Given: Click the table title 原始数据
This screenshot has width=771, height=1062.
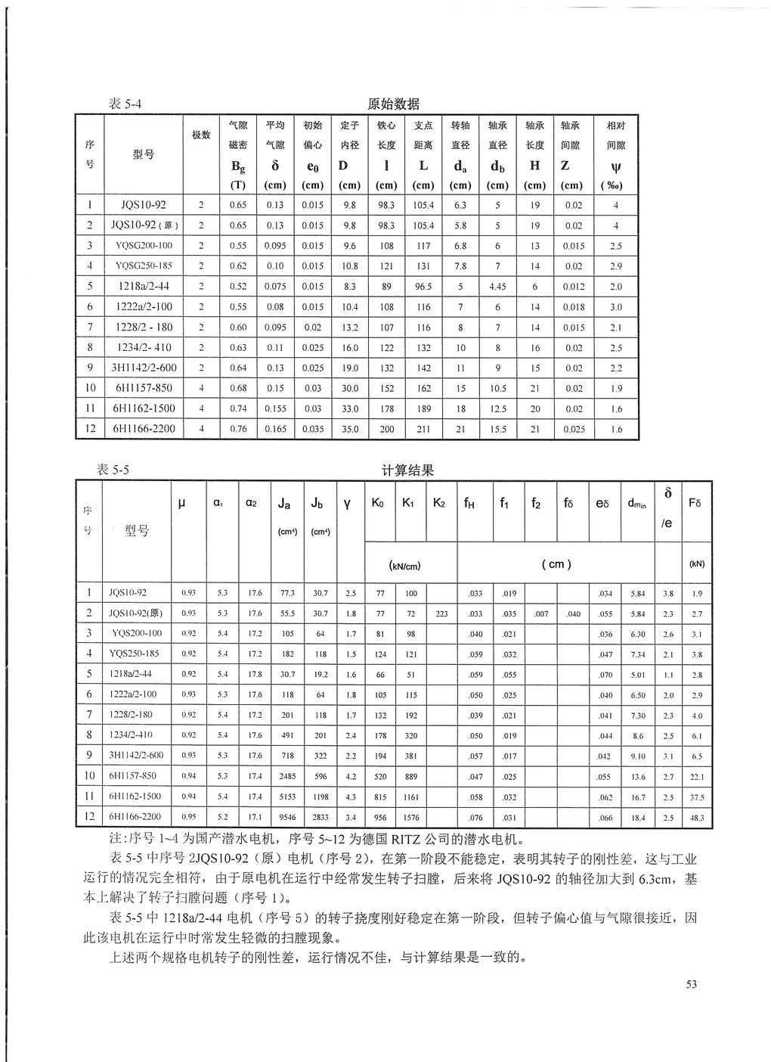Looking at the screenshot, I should tap(393, 104).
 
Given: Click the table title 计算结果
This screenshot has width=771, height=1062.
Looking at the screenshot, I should tap(408, 470).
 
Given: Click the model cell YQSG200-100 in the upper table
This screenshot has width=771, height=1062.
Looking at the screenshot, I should tap(144, 246).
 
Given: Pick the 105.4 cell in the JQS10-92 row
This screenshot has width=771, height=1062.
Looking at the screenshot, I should tap(423, 205).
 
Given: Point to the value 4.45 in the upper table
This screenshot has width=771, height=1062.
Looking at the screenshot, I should tap(497, 287).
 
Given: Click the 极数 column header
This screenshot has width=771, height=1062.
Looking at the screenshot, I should tap(201, 135).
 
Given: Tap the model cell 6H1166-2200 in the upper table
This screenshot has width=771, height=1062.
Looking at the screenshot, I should tap(144, 429).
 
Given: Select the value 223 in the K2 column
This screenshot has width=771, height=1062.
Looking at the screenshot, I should tap(441, 614).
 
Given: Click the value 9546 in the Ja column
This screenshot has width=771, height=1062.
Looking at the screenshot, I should tap(286, 818).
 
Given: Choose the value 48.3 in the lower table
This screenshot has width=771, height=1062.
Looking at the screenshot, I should tap(696, 818).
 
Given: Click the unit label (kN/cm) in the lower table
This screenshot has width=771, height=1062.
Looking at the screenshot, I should tap(404, 566).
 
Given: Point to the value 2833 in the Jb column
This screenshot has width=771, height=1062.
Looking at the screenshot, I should tap(320, 818).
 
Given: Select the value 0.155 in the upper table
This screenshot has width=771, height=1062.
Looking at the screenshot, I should tap(275, 408).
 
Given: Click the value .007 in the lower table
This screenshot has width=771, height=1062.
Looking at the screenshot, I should tap(540, 614).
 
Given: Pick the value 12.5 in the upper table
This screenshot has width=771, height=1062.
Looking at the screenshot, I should tap(497, 408).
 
